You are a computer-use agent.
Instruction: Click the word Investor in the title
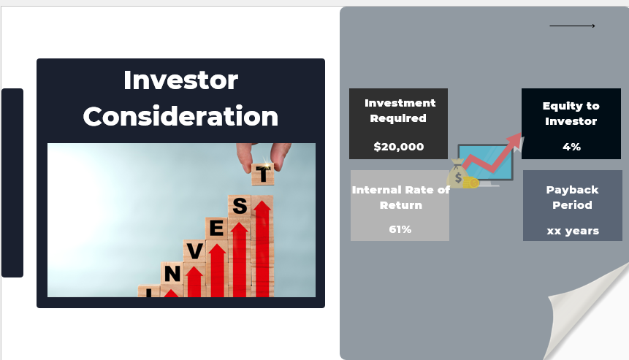180,80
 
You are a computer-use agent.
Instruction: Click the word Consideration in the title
180,117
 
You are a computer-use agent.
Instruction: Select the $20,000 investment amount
398,147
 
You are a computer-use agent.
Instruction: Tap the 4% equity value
571,147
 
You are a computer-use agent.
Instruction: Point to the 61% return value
400,229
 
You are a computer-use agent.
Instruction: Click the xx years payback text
573,231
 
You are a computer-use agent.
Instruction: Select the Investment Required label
400,110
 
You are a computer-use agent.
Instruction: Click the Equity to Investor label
571,114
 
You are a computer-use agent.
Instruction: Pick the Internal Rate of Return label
400,197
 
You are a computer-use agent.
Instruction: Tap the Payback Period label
573,197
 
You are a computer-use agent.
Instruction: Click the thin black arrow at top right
572,26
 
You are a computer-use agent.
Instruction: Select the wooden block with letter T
262,174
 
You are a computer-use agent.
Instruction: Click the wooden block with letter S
239,207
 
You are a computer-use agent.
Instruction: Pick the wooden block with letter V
194,251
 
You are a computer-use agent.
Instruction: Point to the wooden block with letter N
172,274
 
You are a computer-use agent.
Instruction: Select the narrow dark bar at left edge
12,183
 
